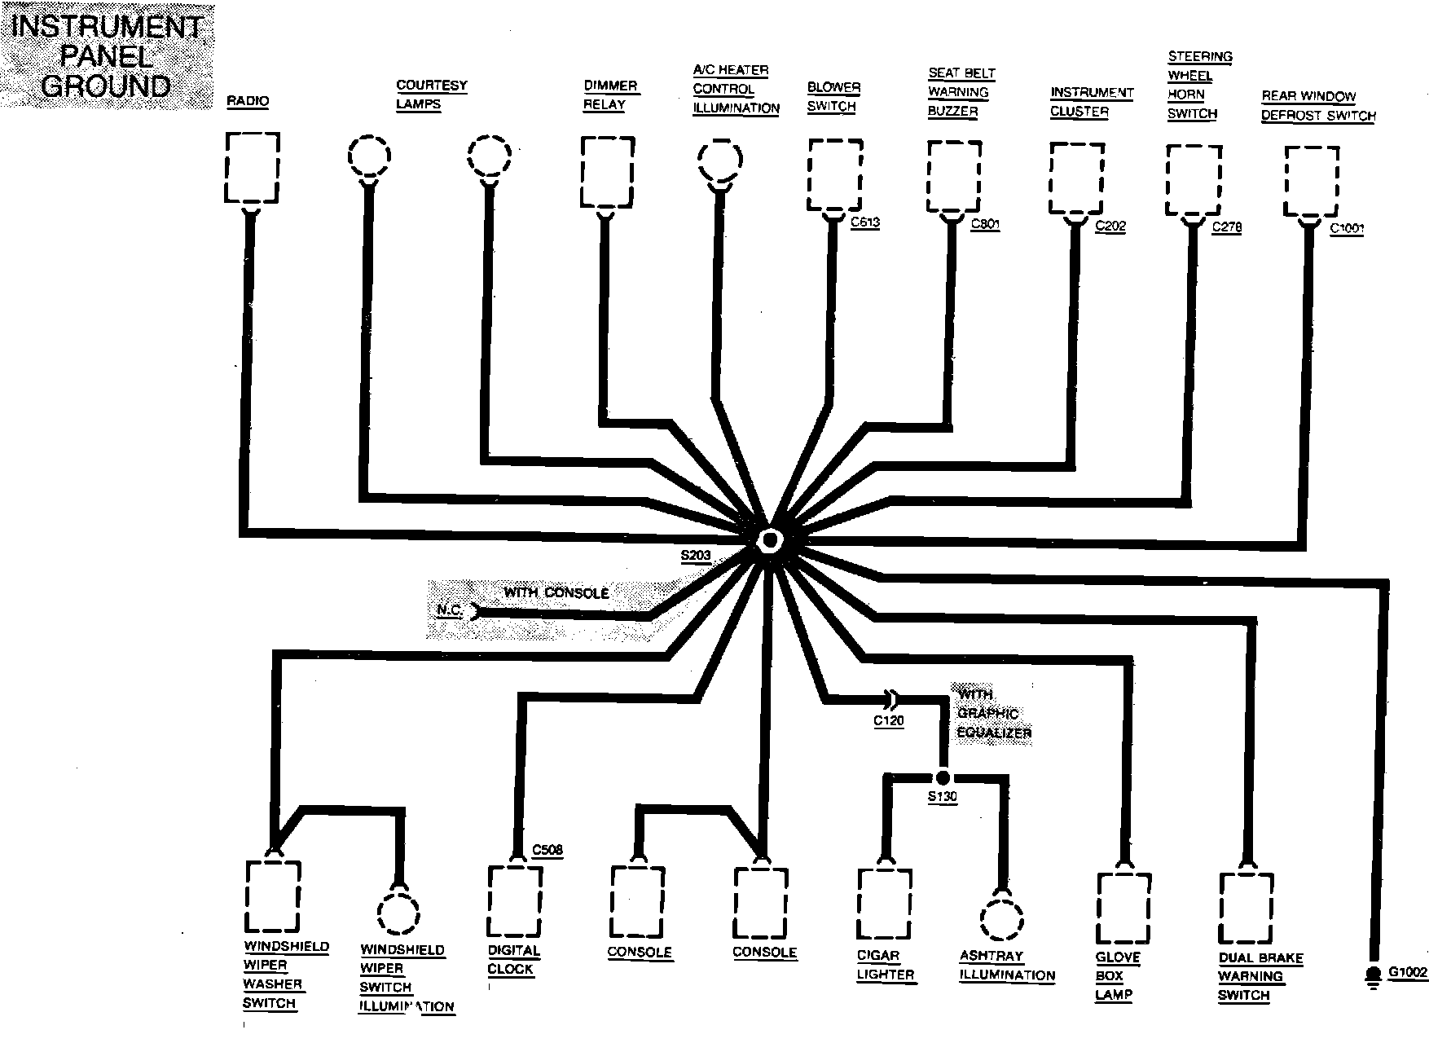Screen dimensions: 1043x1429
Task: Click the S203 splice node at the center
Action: [768, 540]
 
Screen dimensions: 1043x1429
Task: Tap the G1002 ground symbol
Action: [1373, 975]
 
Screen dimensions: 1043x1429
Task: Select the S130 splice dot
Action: [943, 777]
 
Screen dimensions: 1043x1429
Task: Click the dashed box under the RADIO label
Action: [252, 167]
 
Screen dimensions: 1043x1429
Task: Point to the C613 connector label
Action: [864, 222]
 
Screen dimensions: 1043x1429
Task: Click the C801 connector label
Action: [985, 224]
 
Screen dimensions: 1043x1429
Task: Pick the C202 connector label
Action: [1110, 226]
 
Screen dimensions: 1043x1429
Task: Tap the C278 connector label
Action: [1226, 227]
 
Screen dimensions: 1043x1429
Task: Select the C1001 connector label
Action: [1346, 228]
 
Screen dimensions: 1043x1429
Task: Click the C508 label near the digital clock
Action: [547, 850]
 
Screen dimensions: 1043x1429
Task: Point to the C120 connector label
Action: [888, 720]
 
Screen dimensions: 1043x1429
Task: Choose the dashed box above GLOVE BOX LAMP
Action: [1123, 908]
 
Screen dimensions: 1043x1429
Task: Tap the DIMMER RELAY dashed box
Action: [607, 172]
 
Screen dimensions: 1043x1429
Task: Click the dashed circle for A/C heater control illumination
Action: [719, 161]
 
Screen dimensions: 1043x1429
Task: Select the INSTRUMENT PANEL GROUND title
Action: [106, 56]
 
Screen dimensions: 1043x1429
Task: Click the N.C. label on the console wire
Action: [450, 610]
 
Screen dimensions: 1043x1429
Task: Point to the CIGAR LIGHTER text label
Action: [885, 965]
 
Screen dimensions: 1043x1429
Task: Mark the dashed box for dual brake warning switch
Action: [1245, 908]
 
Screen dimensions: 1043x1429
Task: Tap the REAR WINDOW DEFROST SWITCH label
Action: [1318, 106]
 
